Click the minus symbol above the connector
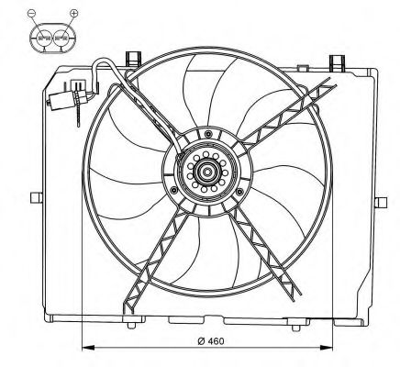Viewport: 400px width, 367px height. (32, 13)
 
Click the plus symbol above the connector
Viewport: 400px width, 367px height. (74, 13)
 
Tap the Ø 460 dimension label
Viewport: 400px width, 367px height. (211, 340)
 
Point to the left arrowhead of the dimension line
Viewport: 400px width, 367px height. (88, 348)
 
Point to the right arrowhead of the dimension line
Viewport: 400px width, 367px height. (327, 348)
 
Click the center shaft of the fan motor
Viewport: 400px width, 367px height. (207, 172)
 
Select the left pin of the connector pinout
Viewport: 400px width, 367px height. (44, 39)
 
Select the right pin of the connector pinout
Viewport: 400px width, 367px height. (61, 39)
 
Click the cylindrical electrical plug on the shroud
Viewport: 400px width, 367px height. (61, 100)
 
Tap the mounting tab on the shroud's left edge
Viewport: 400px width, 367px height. (37, 197)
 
